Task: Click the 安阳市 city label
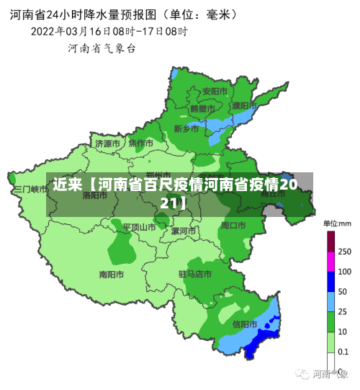(x=215, y=92)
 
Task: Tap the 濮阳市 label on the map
(x=244, y=105)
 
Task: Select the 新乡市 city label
(x=186, y=129)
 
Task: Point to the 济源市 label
(x=108, y=143)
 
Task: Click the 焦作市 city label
(x=141, y=143)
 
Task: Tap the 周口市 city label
(x=233, y=226)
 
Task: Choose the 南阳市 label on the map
(x=112, y=274)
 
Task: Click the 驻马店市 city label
(x=195, y=274)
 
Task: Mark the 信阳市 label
(x=246, y=324)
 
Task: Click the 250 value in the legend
(x=344, y=252)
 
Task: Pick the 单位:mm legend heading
(x=336, y=223)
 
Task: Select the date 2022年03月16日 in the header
(x=70, y=31)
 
